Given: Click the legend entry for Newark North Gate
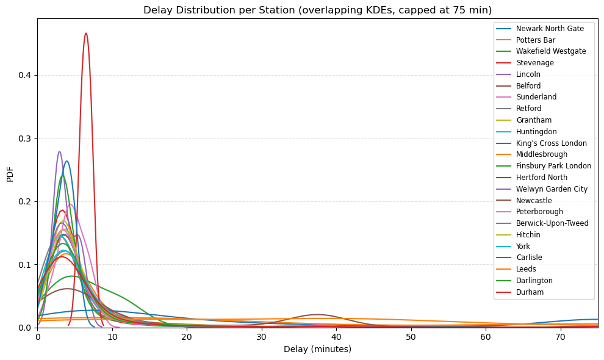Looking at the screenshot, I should [x=550, y=29].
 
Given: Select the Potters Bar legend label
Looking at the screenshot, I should [x=535, y=40].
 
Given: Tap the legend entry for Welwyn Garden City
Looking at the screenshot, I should [x=552, y=189].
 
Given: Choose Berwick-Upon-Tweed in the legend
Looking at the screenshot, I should [x=552, y=223].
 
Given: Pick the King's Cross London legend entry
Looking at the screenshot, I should [x=551, y=143].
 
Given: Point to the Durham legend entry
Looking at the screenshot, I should [x=529, y=292].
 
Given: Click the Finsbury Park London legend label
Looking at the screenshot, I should [x=553, y=166].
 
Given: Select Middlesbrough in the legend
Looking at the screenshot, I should [x=541, y=154].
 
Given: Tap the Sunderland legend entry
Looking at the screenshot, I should [x=536, y=97].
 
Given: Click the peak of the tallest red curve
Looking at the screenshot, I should [x=86, y=33].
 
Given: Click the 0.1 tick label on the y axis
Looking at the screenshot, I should [x=26, y=265].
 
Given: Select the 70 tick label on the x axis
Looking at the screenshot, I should [x=560, y=337].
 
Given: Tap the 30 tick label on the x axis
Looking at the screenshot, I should [x=262, y=337].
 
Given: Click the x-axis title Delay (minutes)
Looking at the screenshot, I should [x=317, y=349].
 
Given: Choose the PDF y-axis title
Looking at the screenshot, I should [x=10, y=173].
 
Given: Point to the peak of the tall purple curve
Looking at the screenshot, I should [x=59, y=151].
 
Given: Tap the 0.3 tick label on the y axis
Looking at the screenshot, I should [x=26, y=139].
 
